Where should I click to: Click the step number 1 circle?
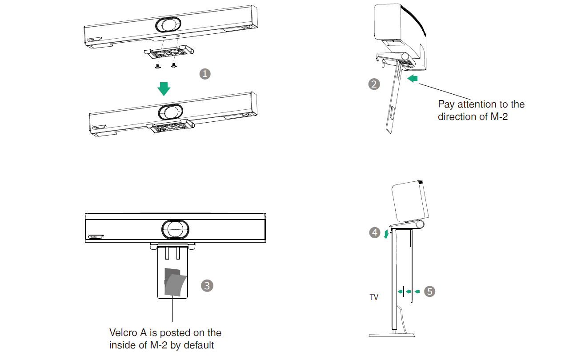(x=204, y=74)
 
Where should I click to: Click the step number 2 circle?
(x=374, y=84)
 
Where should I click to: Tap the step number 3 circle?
(x=207, y=285)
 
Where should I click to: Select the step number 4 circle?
(x=375, y=232)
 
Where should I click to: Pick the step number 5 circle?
(x=429, y=291)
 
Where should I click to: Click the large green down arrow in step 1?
(x=164, y=88)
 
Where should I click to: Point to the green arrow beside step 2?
(x=413, y=79)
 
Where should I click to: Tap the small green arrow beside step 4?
(x=386, y=234)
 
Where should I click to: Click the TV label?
(x=374, y=297)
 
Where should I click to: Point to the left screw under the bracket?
(x=157, y=67)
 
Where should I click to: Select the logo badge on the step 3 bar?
(x=96, y=237)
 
